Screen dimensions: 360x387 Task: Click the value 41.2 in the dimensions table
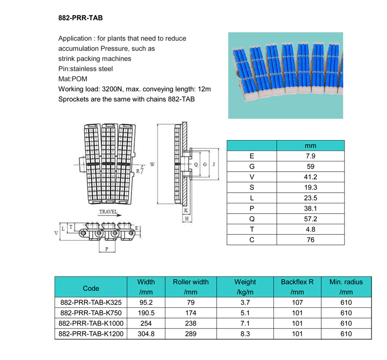(x=310, y=177)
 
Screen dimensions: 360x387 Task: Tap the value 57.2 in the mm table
(x=310, y=218)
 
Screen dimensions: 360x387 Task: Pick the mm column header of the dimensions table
(x=310, y=146)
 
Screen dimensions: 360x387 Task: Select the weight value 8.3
(x=245, y=333)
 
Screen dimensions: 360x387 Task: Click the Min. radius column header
(x=346, y=282)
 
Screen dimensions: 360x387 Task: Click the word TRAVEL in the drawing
(x=108, y=212)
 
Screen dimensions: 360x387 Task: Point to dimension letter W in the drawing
(x=152, y=165)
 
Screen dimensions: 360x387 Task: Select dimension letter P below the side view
(x=107, y=250)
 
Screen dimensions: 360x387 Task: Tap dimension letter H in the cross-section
(x=186, y=219)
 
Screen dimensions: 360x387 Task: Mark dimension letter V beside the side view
(x=57, y=232)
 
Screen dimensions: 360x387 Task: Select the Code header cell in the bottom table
(x=91, y=288)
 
